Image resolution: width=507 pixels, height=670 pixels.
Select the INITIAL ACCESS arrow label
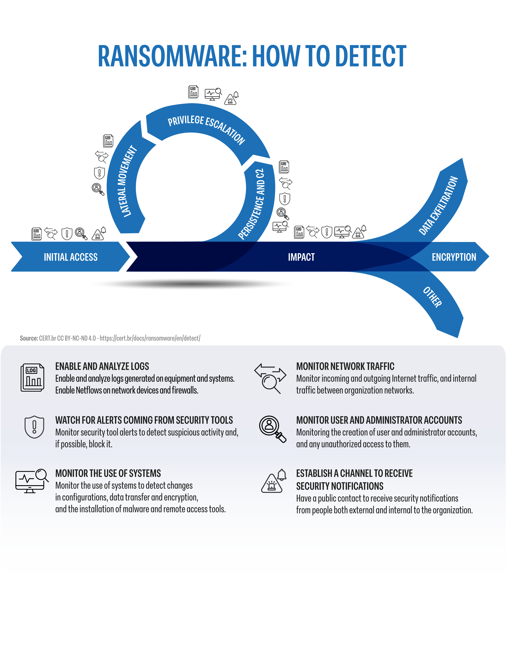click(71, 257)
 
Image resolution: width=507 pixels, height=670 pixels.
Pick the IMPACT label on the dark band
click(301, 257)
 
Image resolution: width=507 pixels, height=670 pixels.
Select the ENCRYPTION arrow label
click(454, 257)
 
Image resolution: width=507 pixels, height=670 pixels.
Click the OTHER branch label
click(433, 297)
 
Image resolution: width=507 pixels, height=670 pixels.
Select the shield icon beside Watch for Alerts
click(34, 427)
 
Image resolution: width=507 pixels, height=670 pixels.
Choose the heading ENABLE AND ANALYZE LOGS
click(102, 366)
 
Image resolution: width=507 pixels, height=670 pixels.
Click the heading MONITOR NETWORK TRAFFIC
click(345, 366)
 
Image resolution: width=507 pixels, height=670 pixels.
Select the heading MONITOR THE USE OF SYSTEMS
click(108, 473)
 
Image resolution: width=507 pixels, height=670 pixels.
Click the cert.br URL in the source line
click(150, 338)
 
